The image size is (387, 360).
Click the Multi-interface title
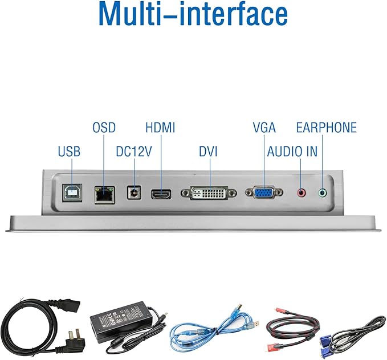tap(193, 14)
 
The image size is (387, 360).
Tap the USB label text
tap(69, 152)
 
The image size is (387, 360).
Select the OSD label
tap(104, 128)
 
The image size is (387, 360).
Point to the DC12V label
tap(134, 152)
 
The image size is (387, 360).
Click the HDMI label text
tap(160, 128)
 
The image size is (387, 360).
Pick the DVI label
tap(208, 152)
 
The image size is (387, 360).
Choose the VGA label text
tap(264, 128)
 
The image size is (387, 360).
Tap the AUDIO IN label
tap(292, 152)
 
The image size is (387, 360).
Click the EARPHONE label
tap(326, 128)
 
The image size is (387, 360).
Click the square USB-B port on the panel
tap(72, 193)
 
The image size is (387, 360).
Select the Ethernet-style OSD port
tap(105, 195)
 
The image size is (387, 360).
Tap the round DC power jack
tap(135, 193)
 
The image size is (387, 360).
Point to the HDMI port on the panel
tap(161, 194)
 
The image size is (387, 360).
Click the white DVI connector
tap(209, 193)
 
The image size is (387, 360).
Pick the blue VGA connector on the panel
tap(264, 192)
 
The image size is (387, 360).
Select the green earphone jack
tap(322, 192)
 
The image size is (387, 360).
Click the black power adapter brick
tap(121, 321)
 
